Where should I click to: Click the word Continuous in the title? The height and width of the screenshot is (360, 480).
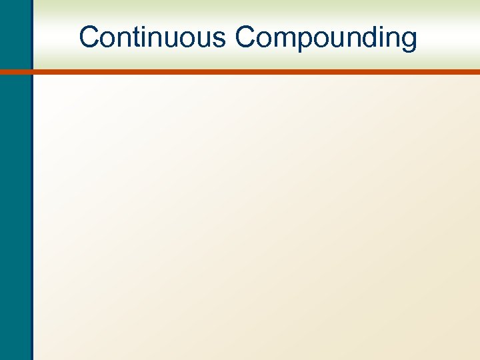153,37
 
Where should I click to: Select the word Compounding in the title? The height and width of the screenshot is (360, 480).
326,37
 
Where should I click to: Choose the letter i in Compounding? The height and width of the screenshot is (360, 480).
377,37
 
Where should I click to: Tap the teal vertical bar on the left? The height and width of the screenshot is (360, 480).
15,200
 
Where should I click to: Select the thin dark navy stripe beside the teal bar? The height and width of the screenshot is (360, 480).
31,200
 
